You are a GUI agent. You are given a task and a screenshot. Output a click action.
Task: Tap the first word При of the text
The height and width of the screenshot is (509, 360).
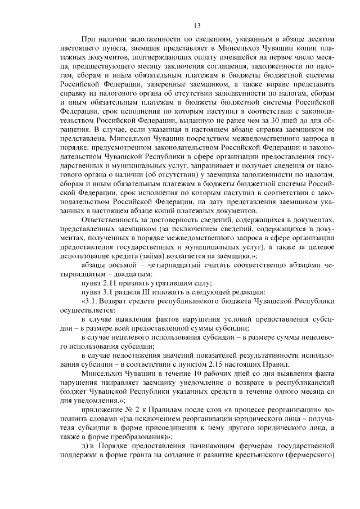click(x=88, y=40)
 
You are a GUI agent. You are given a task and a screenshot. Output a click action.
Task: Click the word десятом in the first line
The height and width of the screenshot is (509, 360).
click(x=321, y=40)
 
